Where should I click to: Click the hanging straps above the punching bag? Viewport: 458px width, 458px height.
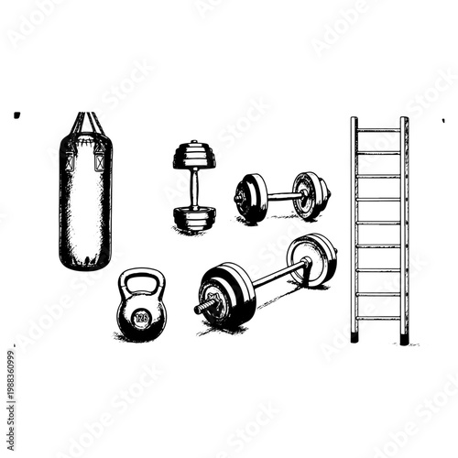point(85,123)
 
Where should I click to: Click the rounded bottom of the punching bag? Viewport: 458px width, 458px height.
point(85,260)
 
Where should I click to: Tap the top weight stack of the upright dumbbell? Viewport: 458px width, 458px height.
point(194,156)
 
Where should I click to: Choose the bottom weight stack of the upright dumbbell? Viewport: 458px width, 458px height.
point(194,217)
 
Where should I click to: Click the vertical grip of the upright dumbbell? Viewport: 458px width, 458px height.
point(194,187)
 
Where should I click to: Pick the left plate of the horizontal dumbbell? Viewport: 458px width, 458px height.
point(250,197)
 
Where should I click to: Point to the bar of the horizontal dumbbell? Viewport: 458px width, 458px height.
point(284,195)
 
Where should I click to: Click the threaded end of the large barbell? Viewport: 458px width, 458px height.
point(203,307)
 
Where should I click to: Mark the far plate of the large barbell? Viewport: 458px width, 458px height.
point(313,259)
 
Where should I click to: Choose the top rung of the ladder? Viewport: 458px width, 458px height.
point(378,130)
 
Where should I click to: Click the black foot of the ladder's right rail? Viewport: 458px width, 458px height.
point(404,338)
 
